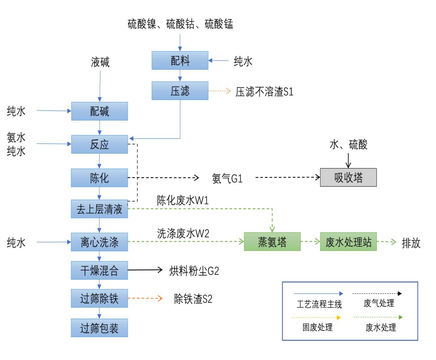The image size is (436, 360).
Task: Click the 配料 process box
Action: [180, 61]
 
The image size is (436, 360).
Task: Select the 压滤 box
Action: [180, 91]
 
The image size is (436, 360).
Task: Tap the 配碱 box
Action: [99, 111]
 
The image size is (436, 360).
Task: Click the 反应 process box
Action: [99, 144]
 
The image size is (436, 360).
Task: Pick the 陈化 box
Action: [99, 178]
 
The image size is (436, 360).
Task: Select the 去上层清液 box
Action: [99, 209]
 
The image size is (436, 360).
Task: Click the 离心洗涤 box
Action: [99, 242]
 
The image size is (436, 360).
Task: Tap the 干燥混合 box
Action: [99, 270]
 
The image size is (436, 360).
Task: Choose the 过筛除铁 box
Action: [99, 298]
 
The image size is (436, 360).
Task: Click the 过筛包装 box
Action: [99, 328]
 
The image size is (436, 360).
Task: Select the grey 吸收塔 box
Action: [348, 177]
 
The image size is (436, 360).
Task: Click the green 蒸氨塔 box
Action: [272, 242]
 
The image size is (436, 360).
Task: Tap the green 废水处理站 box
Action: [348, 242]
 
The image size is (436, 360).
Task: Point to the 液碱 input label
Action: [100, 62]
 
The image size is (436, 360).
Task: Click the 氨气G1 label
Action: [227, 178]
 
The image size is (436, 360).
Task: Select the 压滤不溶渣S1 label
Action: [264, 92]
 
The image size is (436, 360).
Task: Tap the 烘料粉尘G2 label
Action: [194, 271]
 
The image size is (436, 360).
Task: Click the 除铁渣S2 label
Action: [193, 299]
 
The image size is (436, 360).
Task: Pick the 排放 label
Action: [411, 243]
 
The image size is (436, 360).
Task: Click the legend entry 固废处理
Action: [317, 327]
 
